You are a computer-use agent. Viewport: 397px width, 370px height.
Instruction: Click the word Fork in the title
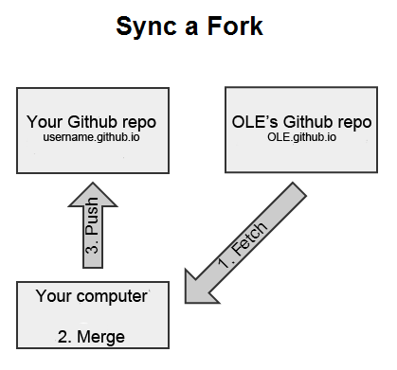[x=237, y=26]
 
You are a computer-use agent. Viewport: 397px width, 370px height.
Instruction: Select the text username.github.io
[x=92, y=138]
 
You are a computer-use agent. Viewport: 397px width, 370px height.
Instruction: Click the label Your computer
[x=92, y=296]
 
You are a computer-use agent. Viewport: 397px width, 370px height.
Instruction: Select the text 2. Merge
[x=92, y=336]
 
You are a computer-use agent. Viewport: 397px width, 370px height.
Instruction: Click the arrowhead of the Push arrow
[x=93, y=194]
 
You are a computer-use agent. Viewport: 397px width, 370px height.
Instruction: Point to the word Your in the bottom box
[x=53, y=296]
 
